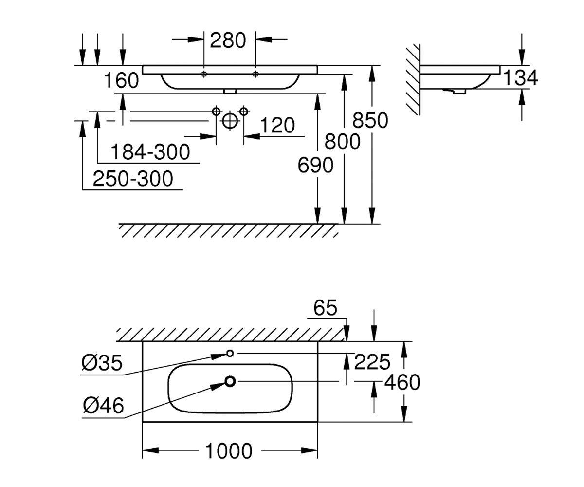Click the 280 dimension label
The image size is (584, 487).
228,40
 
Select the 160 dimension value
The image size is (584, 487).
121,80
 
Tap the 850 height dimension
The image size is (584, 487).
370,120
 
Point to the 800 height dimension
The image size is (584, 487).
342,142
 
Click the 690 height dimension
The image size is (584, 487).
315,165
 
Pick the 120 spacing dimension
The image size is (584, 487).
277,125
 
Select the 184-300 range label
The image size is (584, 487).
150,152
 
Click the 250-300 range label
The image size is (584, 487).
133,179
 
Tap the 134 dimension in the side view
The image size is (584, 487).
520,77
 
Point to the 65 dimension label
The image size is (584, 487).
325,308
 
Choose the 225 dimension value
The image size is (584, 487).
372,362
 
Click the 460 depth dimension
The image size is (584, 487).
402,382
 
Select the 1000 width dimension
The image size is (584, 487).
229,450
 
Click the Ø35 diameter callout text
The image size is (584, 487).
102,363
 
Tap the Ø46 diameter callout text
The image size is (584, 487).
103,405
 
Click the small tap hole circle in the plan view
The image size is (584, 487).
230,354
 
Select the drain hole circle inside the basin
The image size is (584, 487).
230,381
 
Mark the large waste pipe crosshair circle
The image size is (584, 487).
230,121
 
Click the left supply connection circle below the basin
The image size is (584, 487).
216,112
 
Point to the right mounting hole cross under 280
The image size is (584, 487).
255,74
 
